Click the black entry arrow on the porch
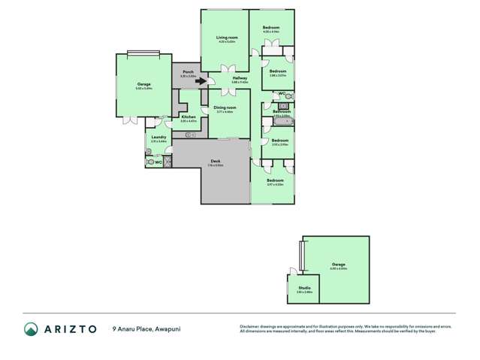pos(201,82)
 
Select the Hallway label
pos(240,78)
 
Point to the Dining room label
pos(225,107)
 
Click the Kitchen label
pos(189,116)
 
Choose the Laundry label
pos(158,137)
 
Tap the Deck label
pos(216,161)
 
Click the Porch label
pos(188,72)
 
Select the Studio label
pos(303,289)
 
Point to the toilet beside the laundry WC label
pos(150,161)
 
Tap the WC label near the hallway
pos(282,94)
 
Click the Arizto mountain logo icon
pos(31,328)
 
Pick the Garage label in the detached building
pos(339,265)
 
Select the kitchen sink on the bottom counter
pos(189,134)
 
